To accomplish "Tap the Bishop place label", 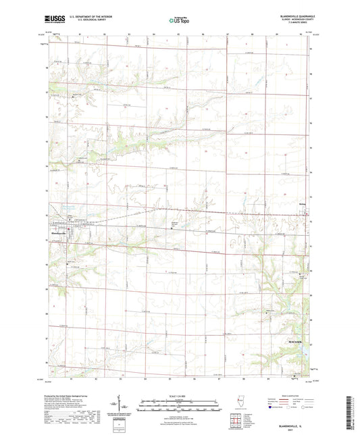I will tap(302, 201).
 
